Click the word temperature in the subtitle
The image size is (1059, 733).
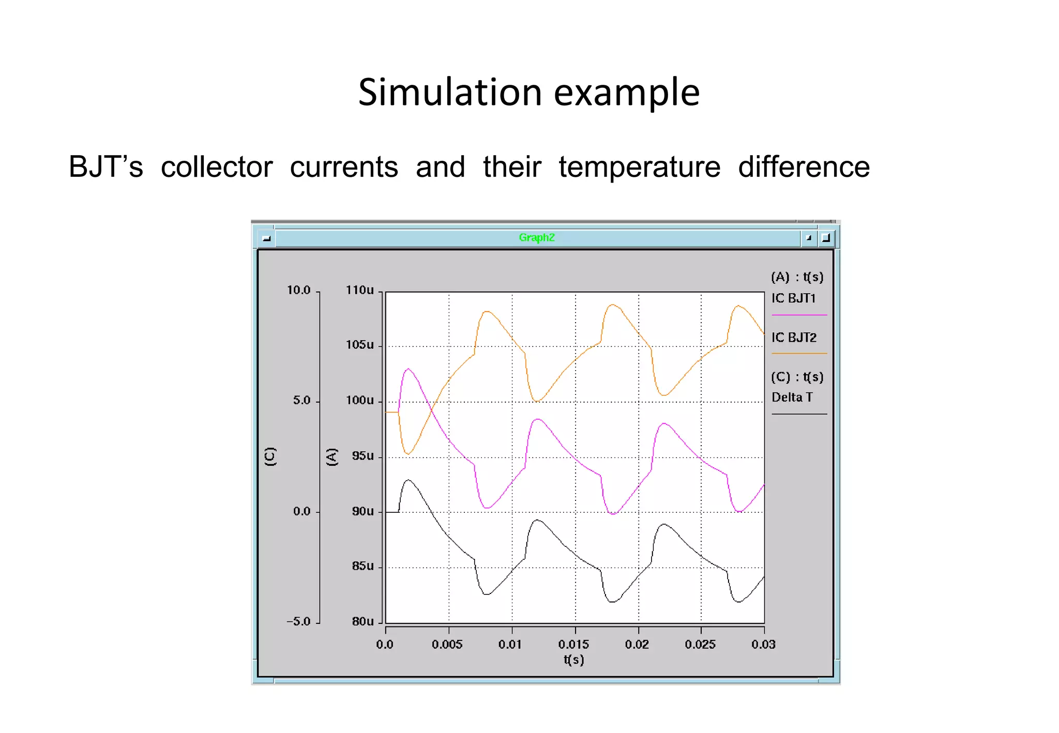pyautogui.click(x=639, y=167)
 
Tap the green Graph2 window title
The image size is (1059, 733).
pyautogui.click(x=536, y=237)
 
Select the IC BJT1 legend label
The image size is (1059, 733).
pyautogui.click(x=793, y=298)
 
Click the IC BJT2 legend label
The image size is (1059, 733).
pyautogui.click(x=794, y=338)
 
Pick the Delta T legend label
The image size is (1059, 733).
pyautogui.click(x=792, y=397)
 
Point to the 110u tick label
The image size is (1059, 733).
pyautogui.click(x=359, y=290)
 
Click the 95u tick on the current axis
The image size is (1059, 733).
pyautogui.click(x=362, y=456)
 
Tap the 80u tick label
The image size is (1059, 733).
pyautogui.click(x=362, y=621)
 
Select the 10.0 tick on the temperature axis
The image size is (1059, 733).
pyautogui.click(x=298, y=290)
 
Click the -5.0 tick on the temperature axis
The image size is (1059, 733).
pyautogui.click(x=298, y=621)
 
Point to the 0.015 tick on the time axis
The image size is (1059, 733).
pyautogui.click(x=573, y=645)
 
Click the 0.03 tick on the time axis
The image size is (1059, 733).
pyautogui.click(x=763, y=645)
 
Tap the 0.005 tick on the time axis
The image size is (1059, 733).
pyautogui.click(x=447, y=645)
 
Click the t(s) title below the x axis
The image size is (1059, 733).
pyautogui.click(x=573, y=660)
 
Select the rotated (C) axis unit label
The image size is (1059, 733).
pyautogui.click(x=270, y=456)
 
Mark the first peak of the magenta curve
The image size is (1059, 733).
pyautogui.click(x=409, y=369)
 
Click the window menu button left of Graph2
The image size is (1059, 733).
pyautogui.click(x=266, y=238)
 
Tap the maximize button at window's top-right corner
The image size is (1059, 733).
pyautogui.click(x=826, y=238)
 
